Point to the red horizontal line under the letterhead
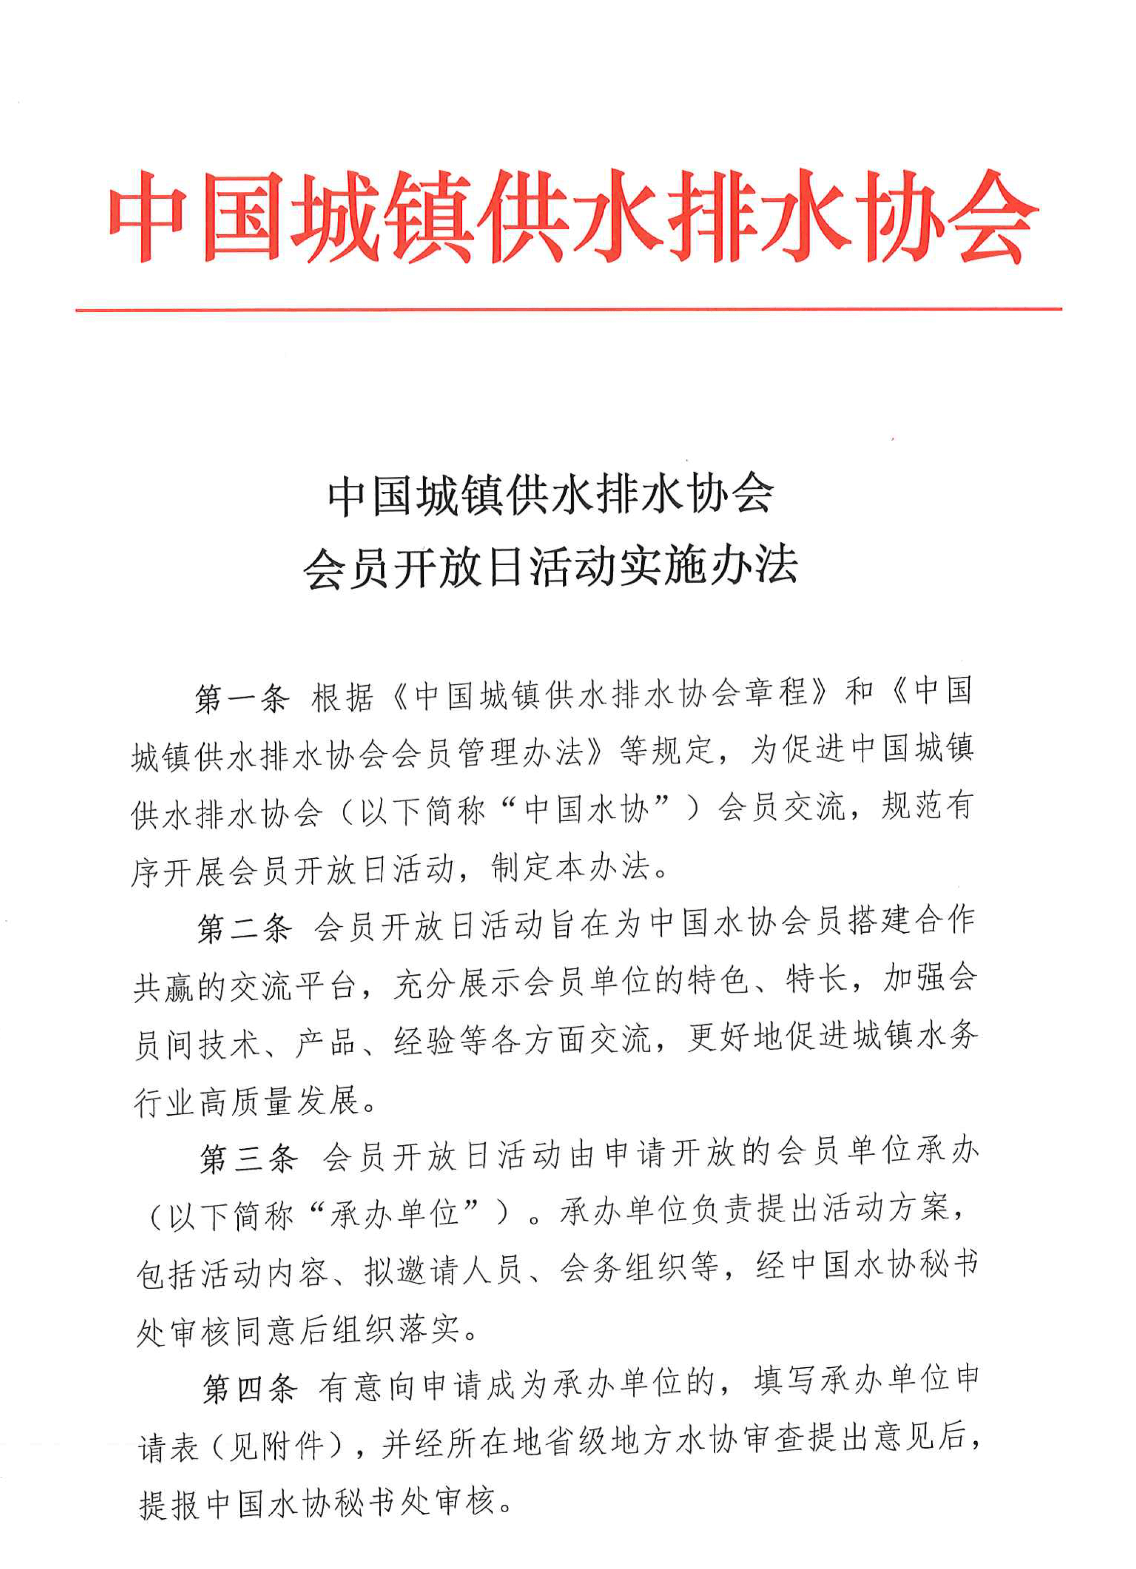click(567, 309)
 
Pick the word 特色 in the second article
click(720, 983)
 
